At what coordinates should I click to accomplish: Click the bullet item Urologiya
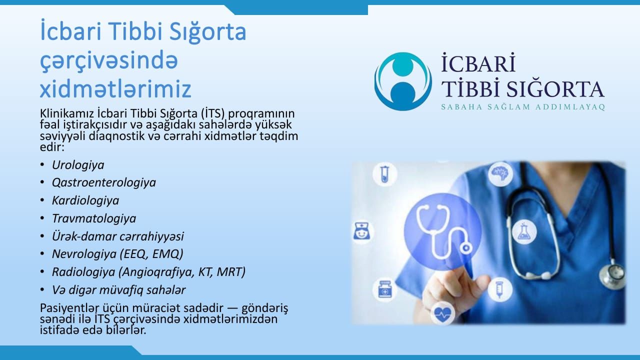pyautogui.click(x=78, y=165)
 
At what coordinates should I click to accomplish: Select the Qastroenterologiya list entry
pyautogui.click(x=104, y=183)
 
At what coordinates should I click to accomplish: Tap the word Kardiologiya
pyautogui.click(x=85, y=200)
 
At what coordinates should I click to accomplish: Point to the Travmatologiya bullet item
pyautogui.click(x=94, y=218)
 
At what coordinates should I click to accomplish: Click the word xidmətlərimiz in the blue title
pyautogui.click(x=115, y=88)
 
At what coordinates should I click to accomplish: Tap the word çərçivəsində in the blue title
pyautogui.click(x=109, y=61)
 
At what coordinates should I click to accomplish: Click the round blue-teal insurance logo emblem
pyautogui.click(x=403, y=81)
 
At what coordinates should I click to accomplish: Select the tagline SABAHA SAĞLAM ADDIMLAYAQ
pyautogui.click(x=523, y=107)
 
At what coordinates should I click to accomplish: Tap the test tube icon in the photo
pyautogui.click(x=385, y=174)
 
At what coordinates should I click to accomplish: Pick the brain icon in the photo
pyautogui.click(x=500, y=173)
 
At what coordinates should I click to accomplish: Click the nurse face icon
pyautogui.click(x=362, y=231)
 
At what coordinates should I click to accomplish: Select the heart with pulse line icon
pyautogui.click(x=442, y=314)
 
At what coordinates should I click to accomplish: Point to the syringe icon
pyautogui.click(x=499, y=289)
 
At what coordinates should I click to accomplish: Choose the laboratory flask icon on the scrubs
pyautogui.click(x=524, y=231)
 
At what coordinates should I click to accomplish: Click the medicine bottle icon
pyautogui.click(x=384, y=289)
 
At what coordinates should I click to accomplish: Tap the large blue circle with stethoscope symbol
pyautogui.click(x=442, y=232)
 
